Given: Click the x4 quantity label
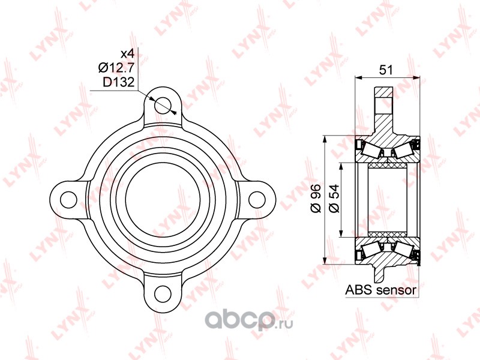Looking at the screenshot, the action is (x=127, y=54).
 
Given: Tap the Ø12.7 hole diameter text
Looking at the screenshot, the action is (x=116, y=68).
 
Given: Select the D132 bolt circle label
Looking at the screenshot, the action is (x=118, y=82).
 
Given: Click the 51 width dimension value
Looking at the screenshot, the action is (x=386, y=70).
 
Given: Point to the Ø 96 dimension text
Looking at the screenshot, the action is (x=316, y=199).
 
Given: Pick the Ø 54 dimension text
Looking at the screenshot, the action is (x=334, y=199).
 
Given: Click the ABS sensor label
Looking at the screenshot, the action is (x=381, y=290).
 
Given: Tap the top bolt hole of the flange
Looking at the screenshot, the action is (x=163, y=106).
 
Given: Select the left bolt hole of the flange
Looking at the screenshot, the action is (x=68, y=200).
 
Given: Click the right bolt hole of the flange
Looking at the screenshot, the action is (x=257, y=200).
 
